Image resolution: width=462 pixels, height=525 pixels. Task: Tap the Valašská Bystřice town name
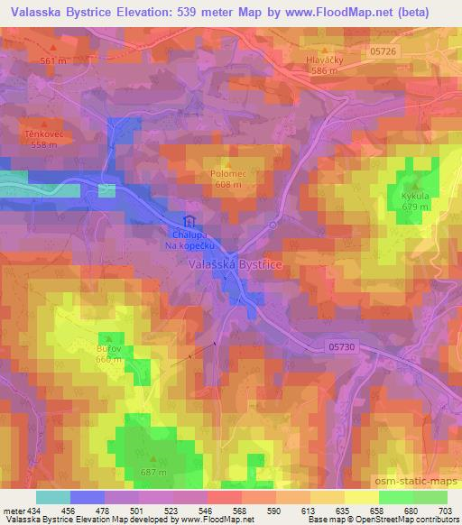click(x=236, y=264)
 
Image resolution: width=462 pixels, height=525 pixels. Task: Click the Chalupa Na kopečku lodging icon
click(x=189, y=221)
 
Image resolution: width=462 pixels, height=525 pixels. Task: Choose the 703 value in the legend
click(x=444, y=511)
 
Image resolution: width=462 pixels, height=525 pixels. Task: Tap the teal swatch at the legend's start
click(x=52, y=496)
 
